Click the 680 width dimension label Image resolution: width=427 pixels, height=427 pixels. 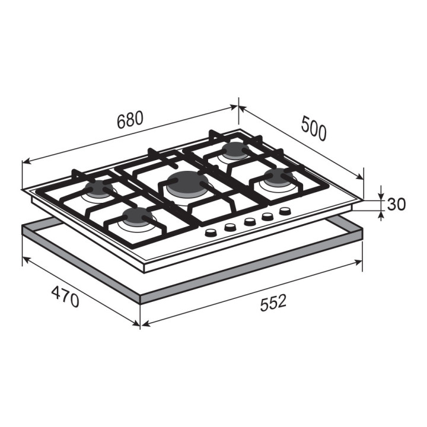click(x=130, y=120)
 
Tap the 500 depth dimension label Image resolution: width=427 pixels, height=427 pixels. click(x=314, y=128)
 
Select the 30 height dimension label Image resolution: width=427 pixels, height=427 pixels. click(x=396, y=204)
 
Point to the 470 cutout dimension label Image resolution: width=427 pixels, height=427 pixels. click(x=65, y=296)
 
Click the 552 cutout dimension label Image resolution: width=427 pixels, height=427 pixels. click(x=273, y=302)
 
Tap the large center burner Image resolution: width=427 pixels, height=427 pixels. click(x=188, y=184)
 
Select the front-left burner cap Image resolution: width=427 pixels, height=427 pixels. click(x=137, y=217)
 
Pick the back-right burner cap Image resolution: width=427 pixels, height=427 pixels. click(x=235, y=150)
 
